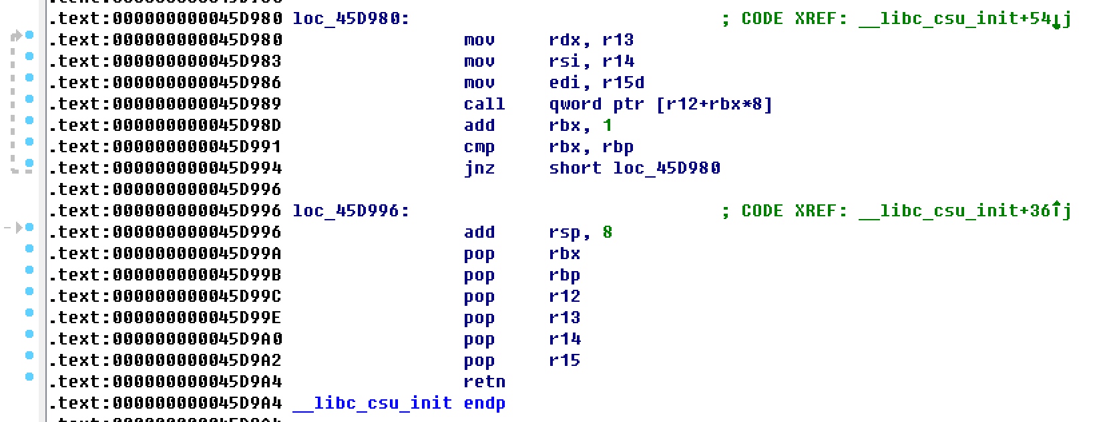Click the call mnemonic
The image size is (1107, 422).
click(x=484, y=104)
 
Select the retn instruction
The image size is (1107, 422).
click(x=484, y=382)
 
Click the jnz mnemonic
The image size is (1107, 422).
click(x=479, y=168)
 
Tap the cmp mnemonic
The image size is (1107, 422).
click(x=479, y=147)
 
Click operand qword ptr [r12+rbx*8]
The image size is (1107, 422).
click(x=660, y=104)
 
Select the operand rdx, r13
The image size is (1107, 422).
click(x=591, y=40)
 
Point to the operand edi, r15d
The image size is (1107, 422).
click(x=596, y=83)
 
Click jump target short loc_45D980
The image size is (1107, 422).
click(x=634, y=168)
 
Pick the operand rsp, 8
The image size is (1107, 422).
click(x=580, y=232)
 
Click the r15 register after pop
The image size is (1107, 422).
click(x=564, y=361)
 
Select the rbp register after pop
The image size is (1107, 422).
click(x=564, y=275)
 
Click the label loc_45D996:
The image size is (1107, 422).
click(x=351, y=211)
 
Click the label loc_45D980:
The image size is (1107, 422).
click(x=351, y=19)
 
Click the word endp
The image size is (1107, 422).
click(x=484, y=403)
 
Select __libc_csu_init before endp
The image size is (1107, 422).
click(x=372, y=403)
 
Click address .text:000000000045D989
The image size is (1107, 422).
click(x=166, y=104)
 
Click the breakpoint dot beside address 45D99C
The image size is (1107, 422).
click(x=29, y=291)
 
